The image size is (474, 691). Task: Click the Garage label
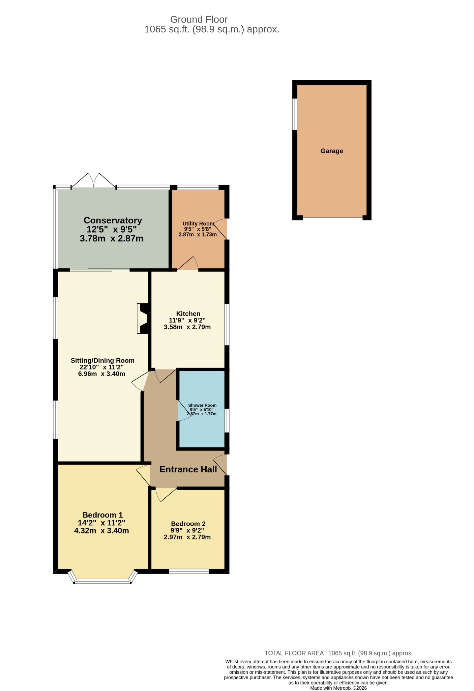click(x=332, y=151)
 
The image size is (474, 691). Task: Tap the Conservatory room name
click(x=113, y=220)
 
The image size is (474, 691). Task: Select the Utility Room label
click(x=198, y=223)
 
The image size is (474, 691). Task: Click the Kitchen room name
click(x=188, y=314)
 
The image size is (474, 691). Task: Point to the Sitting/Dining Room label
click(x=102, y=360)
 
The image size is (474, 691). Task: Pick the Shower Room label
click(x=202, y=405)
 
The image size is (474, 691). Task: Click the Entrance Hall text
click(x=188, y=469)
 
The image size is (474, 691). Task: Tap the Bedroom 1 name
click(x=102, y=515)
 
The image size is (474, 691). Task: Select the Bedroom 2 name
click(x=188, y=524)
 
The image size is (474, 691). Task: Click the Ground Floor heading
click(x=199, y=20)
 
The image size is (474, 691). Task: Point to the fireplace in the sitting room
click(x=143, y=319)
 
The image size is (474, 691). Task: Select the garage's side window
click(x=295, y=114)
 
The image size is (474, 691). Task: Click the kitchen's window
click(x=227, y=324)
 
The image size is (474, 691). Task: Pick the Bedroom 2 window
click(x=189, y=571)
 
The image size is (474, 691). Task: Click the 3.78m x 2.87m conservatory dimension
click(x=112, y=239)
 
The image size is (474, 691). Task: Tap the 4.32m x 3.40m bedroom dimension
click(x=101, y=530)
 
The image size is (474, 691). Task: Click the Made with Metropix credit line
click(x=338, y=688)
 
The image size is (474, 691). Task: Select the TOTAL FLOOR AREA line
click(x=338, y=653)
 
